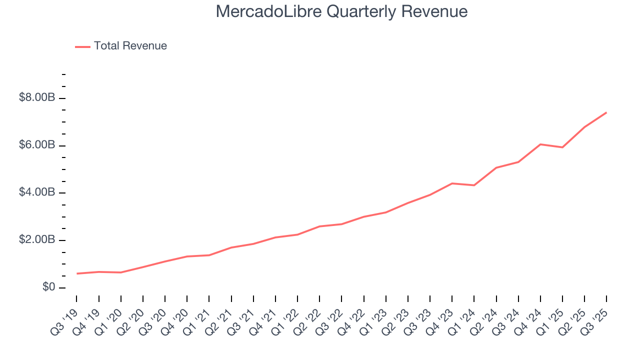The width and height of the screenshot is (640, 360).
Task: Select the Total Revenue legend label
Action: pyautogui.click(x=130, y=46)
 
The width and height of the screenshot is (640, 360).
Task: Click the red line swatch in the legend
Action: pyautogui.click(x=82, y=46)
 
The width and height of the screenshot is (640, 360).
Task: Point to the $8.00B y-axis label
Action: pyautogui.click(x=36, y=98)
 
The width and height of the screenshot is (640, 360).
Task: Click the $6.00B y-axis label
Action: pyautogui.click(x=36, y=145)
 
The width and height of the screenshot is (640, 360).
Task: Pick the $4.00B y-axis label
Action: pyautogui.click(x=36, y=193)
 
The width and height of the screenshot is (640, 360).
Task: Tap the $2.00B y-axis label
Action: pyautogui.click(x=36, y=240)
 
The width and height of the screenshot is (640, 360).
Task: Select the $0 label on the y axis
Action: pyautogui.click(x=48, y=288)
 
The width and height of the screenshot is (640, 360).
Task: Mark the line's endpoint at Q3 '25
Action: pyautogui.click(x=606, y=112)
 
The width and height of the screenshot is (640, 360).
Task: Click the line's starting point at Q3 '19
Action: pyautogui.click(x=77, y=273)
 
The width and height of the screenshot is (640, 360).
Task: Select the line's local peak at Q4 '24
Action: pyautogui.click(x=540, y=144)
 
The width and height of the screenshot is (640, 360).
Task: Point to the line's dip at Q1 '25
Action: pyautogui.click(x=562, y=147)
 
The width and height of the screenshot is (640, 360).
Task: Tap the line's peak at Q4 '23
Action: pyautogui.click(x=452, y=183)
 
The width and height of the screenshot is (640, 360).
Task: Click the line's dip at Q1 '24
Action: pyautogui.click(x=474, y=185)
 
